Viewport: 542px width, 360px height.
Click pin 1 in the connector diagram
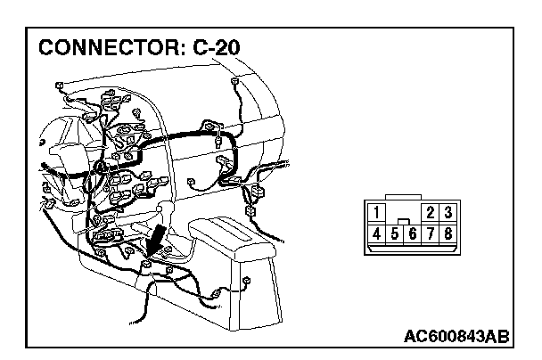coord(378,214)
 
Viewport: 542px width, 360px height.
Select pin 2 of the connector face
coord(431,214)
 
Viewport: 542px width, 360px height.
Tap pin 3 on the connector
coord(448,214)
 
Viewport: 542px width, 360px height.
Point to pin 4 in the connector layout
coord(378,233)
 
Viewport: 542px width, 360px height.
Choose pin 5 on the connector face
coord(395,233)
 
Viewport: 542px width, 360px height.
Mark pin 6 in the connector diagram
coord(413,233)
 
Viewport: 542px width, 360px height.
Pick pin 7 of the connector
coord(431,233)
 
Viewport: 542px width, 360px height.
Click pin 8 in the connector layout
coord(448,233)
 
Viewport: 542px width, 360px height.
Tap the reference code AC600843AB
coord(456,336)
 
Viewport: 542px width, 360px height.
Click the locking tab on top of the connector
coord(413,197)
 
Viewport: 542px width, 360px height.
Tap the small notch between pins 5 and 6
coord(404,221)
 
